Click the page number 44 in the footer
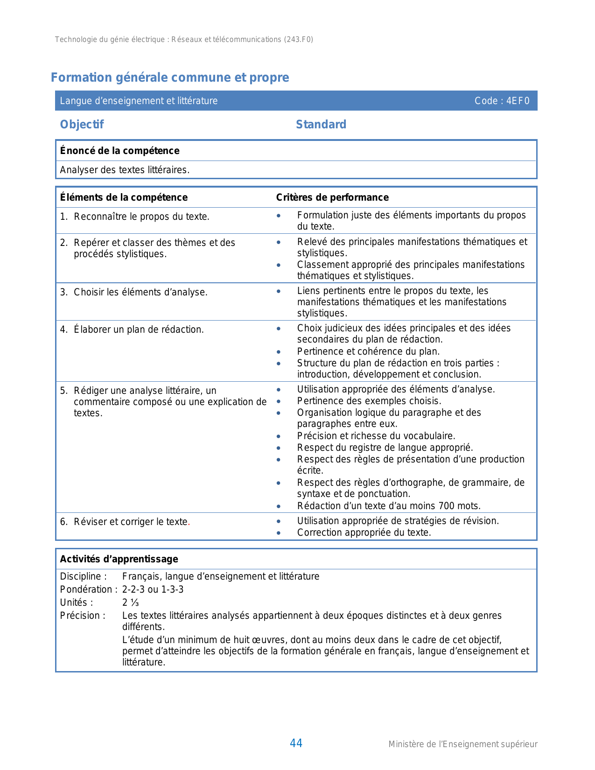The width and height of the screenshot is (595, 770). pos(296,743)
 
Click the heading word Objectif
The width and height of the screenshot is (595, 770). pos(82,125)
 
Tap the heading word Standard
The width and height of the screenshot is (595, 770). pos(321,125)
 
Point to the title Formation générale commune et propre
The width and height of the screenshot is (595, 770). pos(170,77)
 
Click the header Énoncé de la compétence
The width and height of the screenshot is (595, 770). pos(119,151)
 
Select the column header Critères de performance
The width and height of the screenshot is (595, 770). pos(332,197)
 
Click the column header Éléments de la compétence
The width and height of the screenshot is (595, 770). pos(124,197)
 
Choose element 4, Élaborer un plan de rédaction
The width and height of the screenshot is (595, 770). pos(138,330)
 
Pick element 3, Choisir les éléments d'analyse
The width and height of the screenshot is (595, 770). pos(140,293)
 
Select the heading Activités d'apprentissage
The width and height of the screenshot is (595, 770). pos(119,559)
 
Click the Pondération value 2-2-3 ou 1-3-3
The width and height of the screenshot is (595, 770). pos(153,589)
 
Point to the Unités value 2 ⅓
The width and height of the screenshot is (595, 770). pos(131,602)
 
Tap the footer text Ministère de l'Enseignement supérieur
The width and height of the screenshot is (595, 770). pos(462,744)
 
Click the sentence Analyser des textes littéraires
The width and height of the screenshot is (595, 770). pos(125,170)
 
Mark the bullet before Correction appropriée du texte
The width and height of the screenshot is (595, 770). pos(279,533)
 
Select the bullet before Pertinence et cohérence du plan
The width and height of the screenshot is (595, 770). pos(279,352)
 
